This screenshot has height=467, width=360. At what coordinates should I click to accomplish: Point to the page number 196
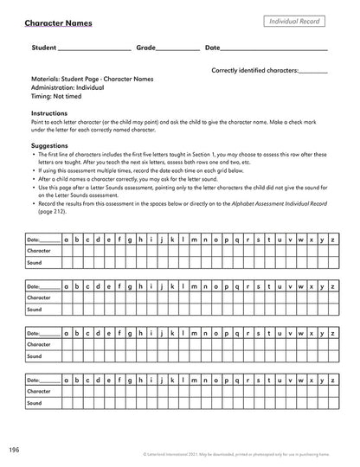(x=15, y=450)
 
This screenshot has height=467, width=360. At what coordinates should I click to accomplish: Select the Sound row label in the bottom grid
(x=35, y=402)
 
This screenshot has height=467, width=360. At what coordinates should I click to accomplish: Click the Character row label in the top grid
(x=41, y=249)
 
